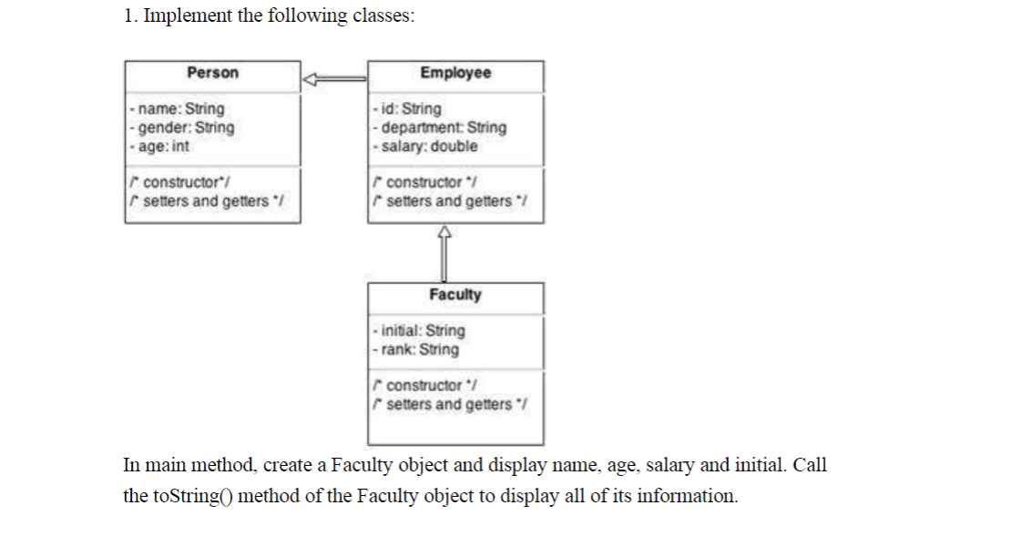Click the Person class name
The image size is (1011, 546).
[212, 73]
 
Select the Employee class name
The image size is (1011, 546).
[455, 73]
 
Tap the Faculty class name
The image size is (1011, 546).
[455, 295]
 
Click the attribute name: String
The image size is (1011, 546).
[179, 109]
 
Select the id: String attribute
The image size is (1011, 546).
[409, 109]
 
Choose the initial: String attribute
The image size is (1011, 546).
[421, 330]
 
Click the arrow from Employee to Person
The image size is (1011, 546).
[334, 80]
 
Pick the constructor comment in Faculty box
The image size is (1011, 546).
[427, 385]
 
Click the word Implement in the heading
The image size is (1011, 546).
[188, 16]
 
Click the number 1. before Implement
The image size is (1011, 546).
[130, 16]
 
